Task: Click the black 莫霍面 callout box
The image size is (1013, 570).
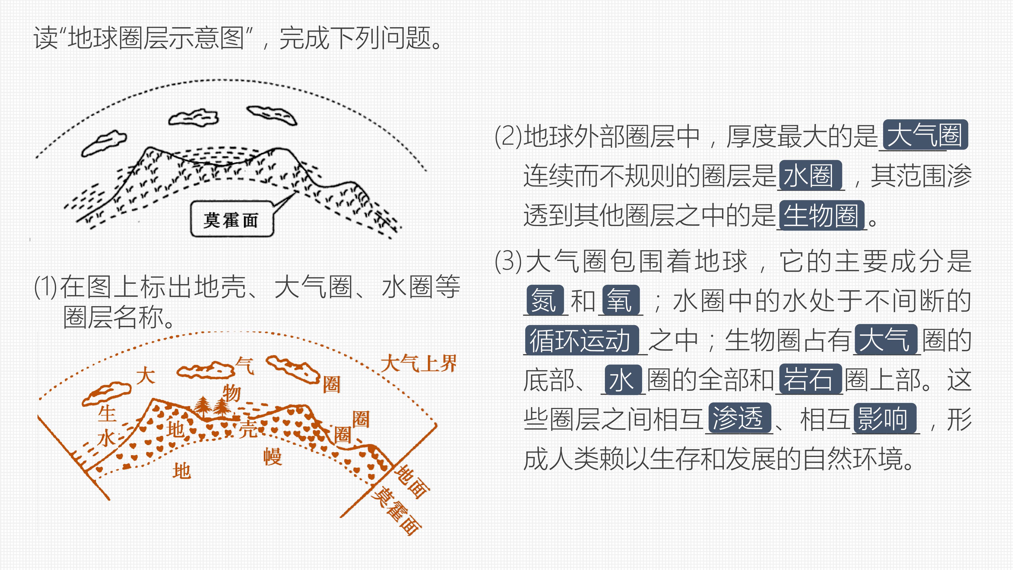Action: (x=232, y=219)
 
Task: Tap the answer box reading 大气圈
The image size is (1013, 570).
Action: (x=925, y=135)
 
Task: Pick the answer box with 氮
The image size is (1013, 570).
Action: (x=545, y=300)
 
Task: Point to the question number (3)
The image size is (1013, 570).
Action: (x=508, y=261)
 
